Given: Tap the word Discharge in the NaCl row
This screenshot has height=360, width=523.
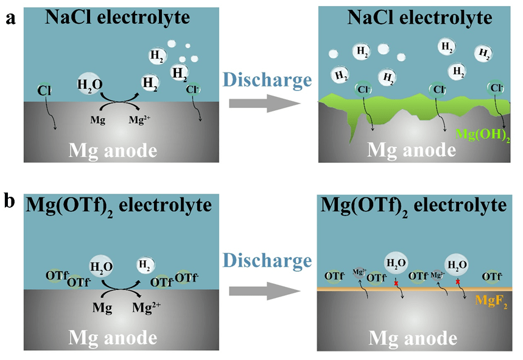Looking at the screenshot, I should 267,80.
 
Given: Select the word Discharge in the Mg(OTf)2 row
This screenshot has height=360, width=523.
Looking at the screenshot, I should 267,261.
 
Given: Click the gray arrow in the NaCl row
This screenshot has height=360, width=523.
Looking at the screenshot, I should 265,104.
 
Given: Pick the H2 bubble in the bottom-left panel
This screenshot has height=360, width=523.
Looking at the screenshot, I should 144,264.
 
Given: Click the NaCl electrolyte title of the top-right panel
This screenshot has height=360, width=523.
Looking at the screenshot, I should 419,18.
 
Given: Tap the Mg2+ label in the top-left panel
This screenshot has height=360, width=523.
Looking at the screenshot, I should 141,120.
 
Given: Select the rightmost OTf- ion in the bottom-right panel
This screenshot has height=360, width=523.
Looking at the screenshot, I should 491,277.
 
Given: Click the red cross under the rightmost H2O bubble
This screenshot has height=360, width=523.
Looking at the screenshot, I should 456,283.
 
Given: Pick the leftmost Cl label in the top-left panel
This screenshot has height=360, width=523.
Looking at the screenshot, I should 44,91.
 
